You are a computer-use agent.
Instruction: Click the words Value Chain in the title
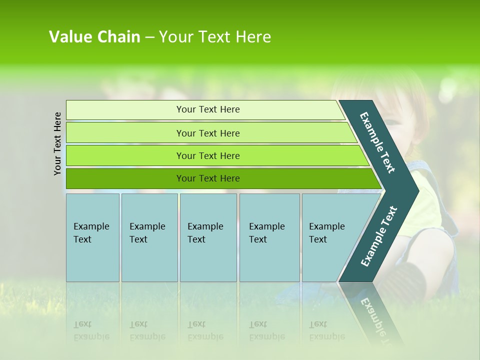pos(94,37)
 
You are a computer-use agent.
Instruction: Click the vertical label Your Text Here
pos(57,143)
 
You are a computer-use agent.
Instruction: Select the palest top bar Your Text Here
pos(207,109)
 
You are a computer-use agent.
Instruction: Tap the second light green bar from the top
pos(207,133)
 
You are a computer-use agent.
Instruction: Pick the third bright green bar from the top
pos(207,155)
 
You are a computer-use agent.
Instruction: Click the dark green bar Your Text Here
pos(207,178)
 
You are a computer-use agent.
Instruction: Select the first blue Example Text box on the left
pos(92,237)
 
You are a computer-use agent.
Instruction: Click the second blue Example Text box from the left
pos(149,237)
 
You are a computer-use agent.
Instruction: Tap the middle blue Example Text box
pos(208,237)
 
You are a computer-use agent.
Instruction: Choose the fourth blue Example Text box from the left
pos(269,237)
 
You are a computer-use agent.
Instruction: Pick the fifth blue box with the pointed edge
pos(330,237)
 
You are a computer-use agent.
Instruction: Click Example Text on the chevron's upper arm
pos(377,142)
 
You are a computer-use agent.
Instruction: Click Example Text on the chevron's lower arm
pos(378,236)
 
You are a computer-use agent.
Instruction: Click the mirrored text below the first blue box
pos(91,330)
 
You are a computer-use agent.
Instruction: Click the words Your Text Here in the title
pos(215,37)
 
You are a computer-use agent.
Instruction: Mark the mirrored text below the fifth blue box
pos(327,330)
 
